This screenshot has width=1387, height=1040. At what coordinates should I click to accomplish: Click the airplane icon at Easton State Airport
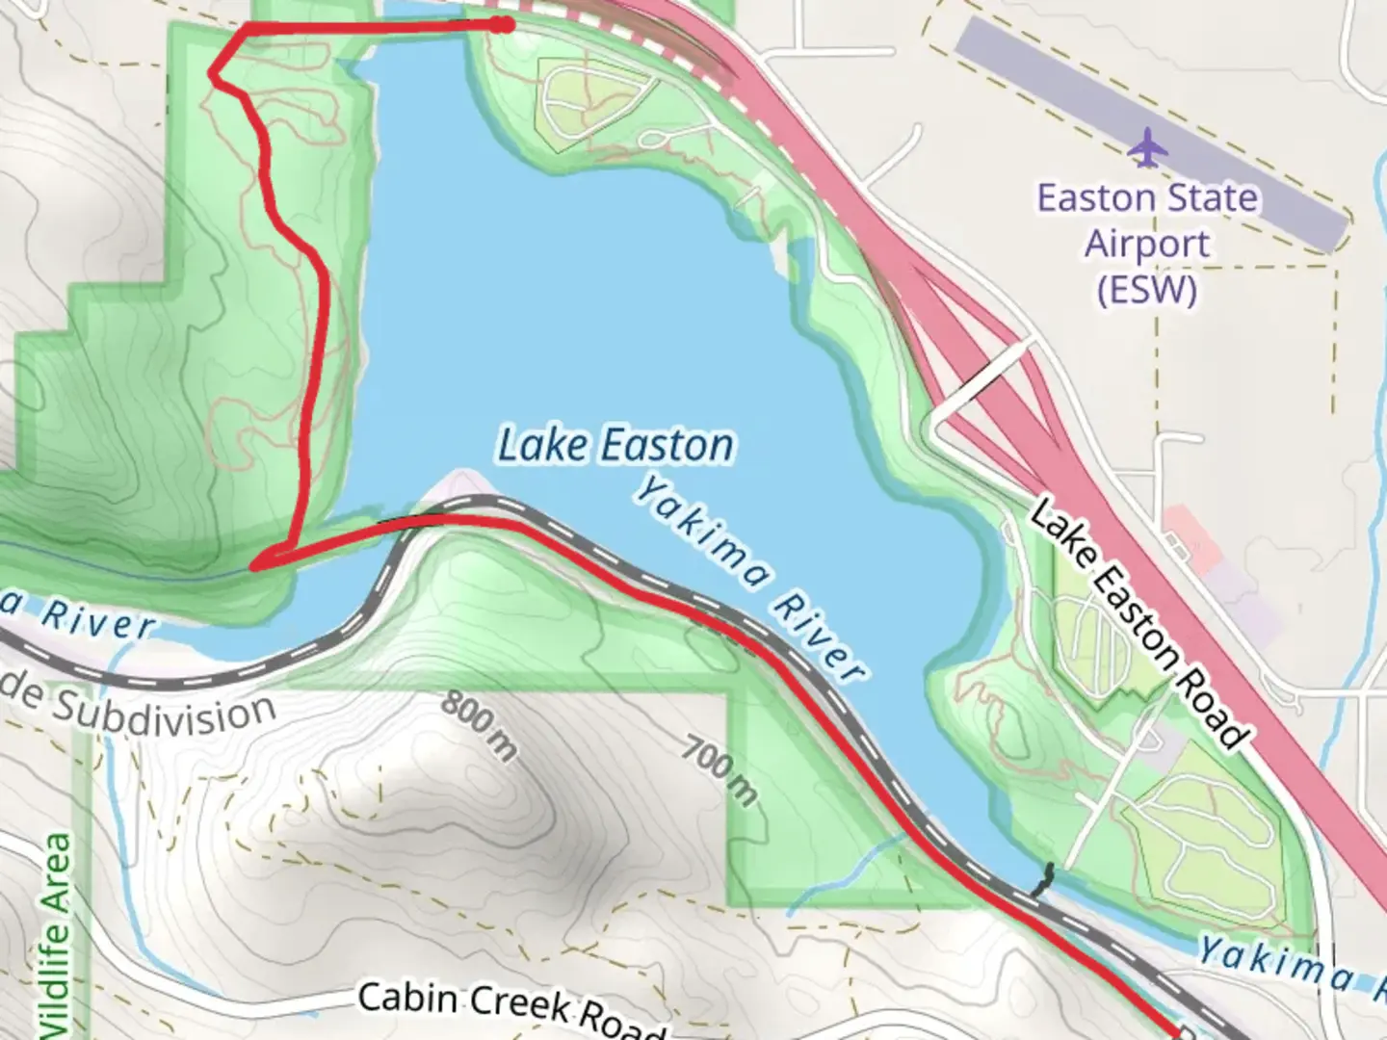1146,147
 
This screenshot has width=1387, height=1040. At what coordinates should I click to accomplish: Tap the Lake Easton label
615,445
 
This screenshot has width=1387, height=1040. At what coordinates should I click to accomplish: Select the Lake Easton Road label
1137,625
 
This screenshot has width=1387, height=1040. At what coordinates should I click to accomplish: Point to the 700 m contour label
720,769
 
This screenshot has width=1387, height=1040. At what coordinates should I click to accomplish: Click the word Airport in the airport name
1146,244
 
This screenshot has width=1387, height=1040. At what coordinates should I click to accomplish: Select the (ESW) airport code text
1146,289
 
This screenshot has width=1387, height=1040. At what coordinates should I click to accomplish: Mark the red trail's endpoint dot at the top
501,25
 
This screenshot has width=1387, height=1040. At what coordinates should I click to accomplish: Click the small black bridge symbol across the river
1042,879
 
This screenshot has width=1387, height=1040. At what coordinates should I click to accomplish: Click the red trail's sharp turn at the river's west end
256,564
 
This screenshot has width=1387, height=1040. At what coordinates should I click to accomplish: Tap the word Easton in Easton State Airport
1095,198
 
